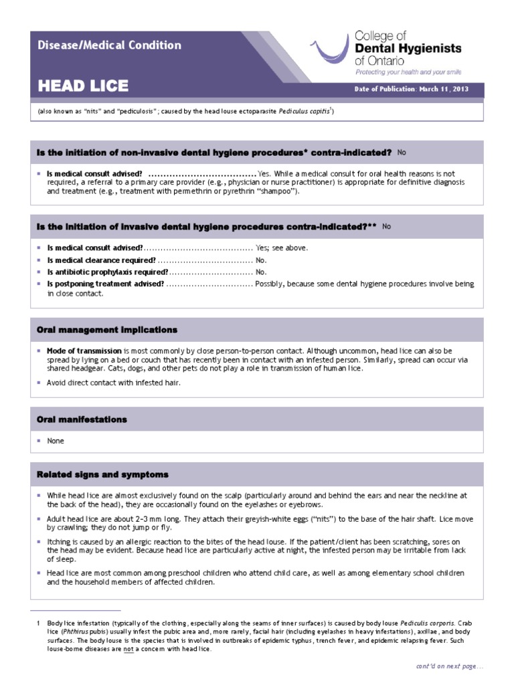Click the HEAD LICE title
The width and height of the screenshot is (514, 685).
[x=83, y=87]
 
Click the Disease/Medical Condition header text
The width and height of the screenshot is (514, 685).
[x=108, y=45]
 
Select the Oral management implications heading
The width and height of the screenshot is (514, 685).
[x=107, y=330]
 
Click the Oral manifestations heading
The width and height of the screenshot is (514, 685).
[x=82, y=419]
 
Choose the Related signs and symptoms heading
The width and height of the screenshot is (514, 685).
[x=102, y=474]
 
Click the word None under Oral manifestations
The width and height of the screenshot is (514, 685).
[x=56, y=441]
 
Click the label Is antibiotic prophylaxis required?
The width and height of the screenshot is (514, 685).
[x=107, y=272]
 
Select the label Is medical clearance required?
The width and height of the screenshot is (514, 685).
[x=101, y=260]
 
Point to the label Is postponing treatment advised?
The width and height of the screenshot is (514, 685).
[x=105, y=284]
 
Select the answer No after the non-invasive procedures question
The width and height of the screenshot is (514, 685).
[x=402, y=153]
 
